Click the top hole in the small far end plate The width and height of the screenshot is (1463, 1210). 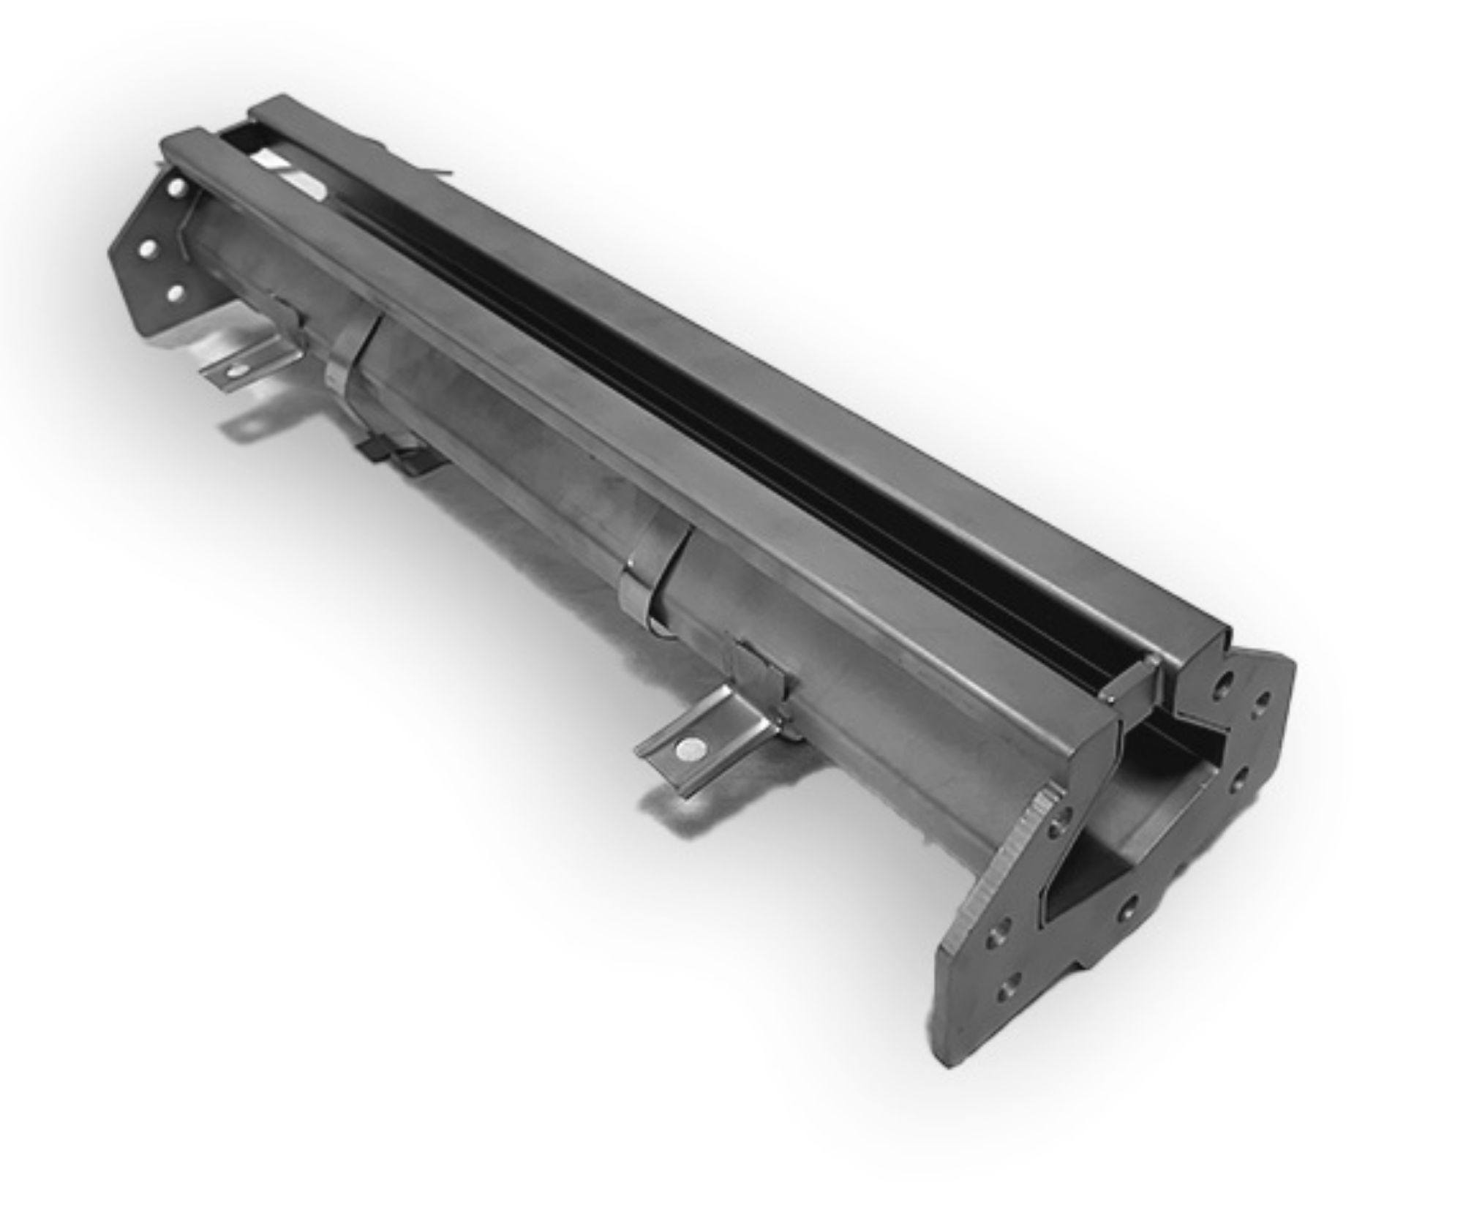[x=176, y=188]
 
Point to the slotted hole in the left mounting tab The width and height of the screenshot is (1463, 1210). [x=238, y=371]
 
